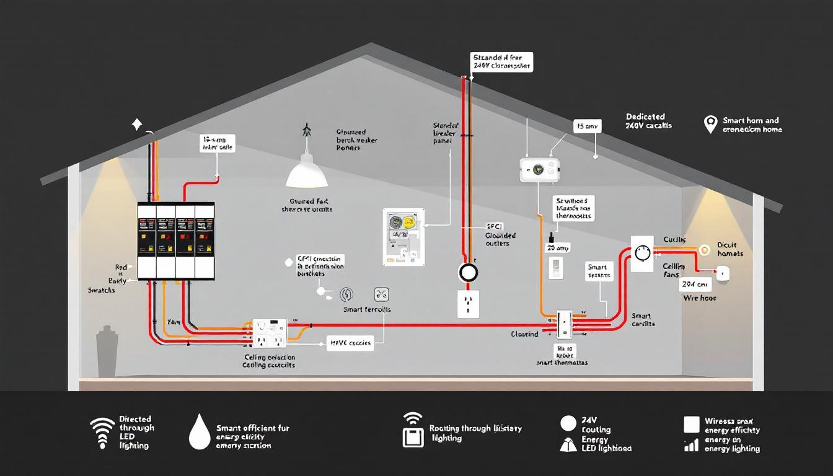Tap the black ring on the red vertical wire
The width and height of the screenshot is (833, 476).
coord(469,273)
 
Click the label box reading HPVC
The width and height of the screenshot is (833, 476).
coord(350,343)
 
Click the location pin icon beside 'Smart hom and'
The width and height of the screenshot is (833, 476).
coord(710,124)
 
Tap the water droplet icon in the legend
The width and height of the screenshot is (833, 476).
coord(199,432)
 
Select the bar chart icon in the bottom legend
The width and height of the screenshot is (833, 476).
coord(690,445)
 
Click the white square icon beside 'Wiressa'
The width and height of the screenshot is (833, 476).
coord(691,424)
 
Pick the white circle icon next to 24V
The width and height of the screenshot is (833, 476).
coord(568,423)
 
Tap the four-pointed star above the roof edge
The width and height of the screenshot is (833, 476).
coord(137,125)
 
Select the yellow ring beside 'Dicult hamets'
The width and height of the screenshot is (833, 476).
coord(704,250)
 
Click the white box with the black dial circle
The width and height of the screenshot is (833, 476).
coord(641,253)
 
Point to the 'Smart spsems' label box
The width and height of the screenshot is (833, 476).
coord(599,271)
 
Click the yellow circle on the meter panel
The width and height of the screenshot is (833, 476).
coord(408,223)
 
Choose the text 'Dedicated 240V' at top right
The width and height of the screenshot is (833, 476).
coord(648,121)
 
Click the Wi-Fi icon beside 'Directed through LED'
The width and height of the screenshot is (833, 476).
coord(102,432)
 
